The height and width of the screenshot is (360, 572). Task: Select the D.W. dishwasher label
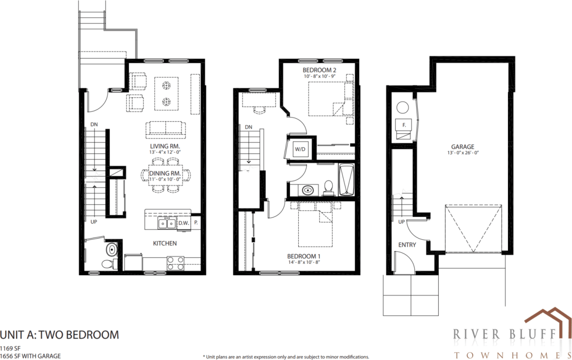coord(183,222)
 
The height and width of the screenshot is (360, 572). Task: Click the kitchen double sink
coord(167,223)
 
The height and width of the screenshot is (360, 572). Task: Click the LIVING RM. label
coord(165,146)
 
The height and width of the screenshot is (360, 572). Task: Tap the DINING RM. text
coord(165,173)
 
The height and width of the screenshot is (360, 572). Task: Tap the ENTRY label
coord(407,245)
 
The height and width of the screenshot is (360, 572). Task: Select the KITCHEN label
coord(165,243)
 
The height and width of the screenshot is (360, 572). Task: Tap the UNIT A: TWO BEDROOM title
coord(59,335)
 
